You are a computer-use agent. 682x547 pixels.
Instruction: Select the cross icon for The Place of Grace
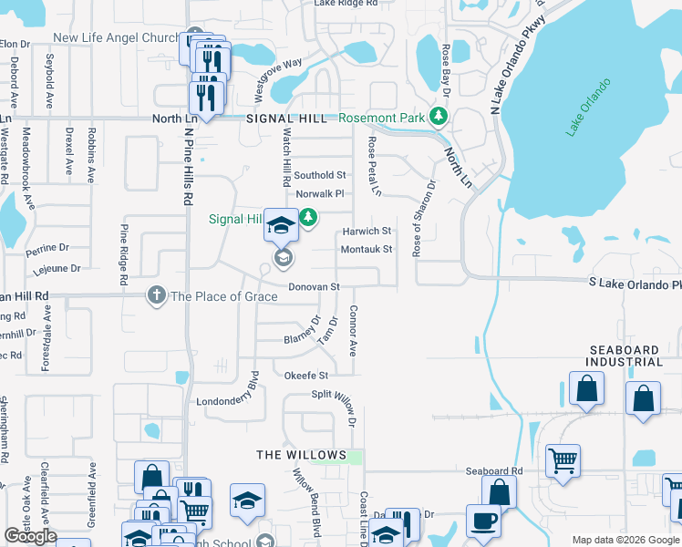pyautogui.click(x=157, y=295)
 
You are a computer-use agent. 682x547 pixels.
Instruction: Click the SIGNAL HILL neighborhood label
pyautogui.click(x=286, y=119)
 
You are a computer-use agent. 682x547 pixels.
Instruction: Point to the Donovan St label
pyautogui.click(x=314, y=286)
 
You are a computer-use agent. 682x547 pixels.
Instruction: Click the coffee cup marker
pyautogui.click(x=483, y=521)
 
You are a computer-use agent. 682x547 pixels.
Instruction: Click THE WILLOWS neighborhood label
pyautogui.click(x=301, y=454)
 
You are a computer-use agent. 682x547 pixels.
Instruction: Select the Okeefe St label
pyautogui.click(x=305, y=375)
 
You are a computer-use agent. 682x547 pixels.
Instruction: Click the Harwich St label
pyautogui.click(x=367, y=232)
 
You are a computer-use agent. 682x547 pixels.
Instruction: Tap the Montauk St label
pyautogui.click(x=367, y=249)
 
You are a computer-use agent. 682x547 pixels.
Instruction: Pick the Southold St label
pyautogui.click(x=320, y=175)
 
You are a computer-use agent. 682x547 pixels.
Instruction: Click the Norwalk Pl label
pyautogui.click(x=318, y=193)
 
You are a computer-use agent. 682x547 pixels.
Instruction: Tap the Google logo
pyautogui.click(x=31, y=536)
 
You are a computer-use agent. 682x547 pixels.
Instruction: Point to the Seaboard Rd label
pyautogui.click(x=493, y=470)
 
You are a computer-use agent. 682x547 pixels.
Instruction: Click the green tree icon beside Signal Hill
pyautogui.click(x=309, y=217)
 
